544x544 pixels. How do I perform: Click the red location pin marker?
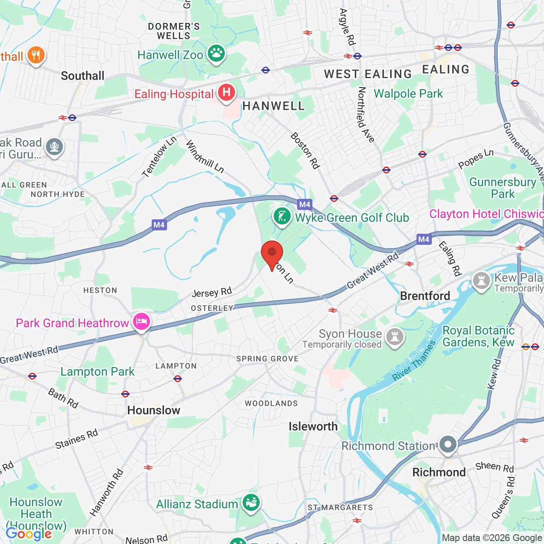[272, 253]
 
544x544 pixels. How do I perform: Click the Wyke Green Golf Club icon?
[282, 216]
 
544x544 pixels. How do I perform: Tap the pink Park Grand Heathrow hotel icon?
[141, 322]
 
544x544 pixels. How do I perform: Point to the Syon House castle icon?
[395, 337]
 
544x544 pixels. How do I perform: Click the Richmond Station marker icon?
[448, 445]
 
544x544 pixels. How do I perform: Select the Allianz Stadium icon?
[251, 503]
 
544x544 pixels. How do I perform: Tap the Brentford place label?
[425, 296]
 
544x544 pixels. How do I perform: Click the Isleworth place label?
[313, 427]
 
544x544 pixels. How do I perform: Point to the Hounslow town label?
[154, 411]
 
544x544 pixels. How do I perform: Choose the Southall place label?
[82, 76]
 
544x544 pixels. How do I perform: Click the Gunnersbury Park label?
[503, 188]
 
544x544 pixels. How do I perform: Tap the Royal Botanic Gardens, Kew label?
[479, 336]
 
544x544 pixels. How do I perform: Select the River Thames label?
[414, 361]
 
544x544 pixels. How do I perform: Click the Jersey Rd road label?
[212, 292]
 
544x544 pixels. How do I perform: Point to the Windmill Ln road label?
[205, 157]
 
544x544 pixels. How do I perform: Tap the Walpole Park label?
[408, 94]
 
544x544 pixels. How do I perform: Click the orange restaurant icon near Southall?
[36, 55]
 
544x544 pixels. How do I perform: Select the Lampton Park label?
[97, 372]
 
